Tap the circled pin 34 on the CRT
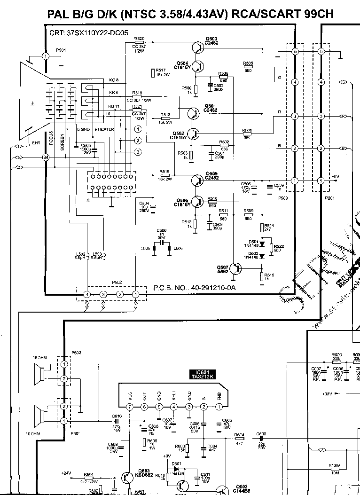click(x=46, y=157)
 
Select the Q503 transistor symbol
click(x=197, y=47)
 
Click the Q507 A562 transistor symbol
click(x=236, y=268)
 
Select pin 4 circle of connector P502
click(x=87, y=294)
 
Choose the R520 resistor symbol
click(x=139, y=43)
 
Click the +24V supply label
click(x=66, y=473)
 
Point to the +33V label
click(x=328, y=393)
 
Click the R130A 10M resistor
click(x=335, y=469)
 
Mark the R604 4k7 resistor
click(x=239, y=439)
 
